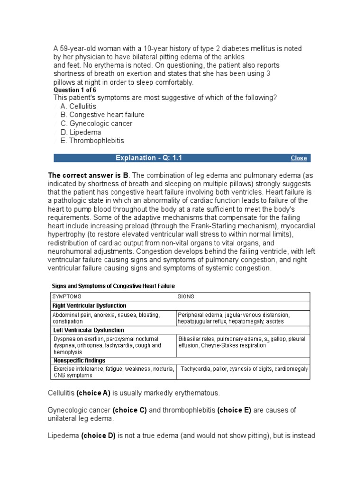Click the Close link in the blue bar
tap(299, 158)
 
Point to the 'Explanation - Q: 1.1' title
tap(149, 158)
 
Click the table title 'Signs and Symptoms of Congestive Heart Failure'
tap(113, 286)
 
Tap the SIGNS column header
tap(185, 296)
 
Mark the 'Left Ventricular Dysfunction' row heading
tap(88, 330)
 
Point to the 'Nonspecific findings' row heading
tap(79, 360)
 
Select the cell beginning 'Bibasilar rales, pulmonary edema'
tap(242, 342)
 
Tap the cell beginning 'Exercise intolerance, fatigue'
tap(114, 372)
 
